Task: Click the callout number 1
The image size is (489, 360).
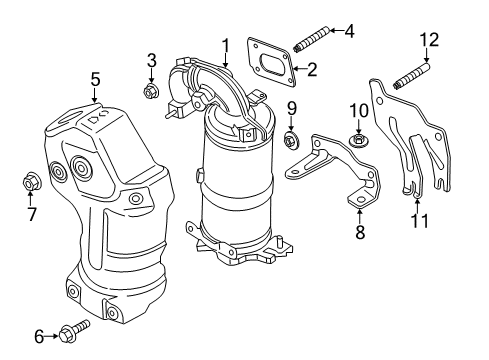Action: pos(226,44)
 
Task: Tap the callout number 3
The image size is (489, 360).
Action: pos(152,59)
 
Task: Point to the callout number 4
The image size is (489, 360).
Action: pos(348,31)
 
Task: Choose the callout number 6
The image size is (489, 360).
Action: pos(39,335)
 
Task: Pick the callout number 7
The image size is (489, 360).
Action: pos(30,213)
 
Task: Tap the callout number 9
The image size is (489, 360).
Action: pos(292,107)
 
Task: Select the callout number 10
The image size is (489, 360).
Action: pos(359,108)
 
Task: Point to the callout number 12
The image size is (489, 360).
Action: pos(429,39)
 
